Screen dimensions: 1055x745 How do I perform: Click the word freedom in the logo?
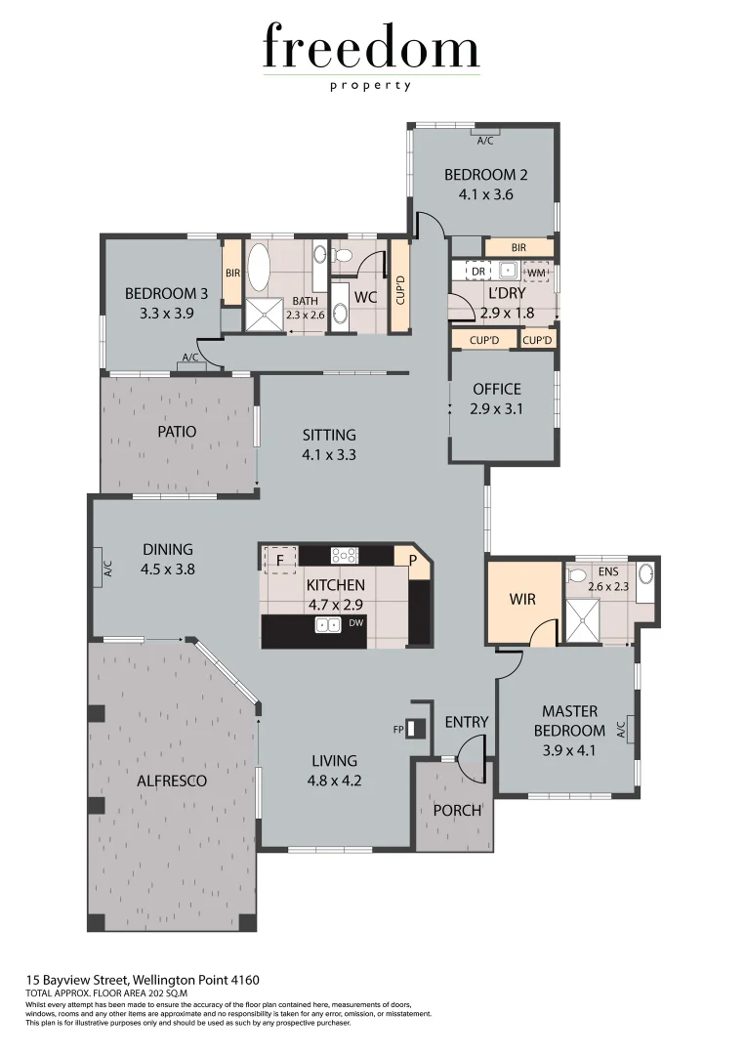click(x=371, y=49)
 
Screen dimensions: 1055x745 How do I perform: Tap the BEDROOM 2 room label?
click(x=485, y=175)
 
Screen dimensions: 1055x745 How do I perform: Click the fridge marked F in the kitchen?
click(x=281, y=560)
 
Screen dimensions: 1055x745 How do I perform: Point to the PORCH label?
click(x=456, y=810)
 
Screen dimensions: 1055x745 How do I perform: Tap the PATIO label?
click(x=177, y=431)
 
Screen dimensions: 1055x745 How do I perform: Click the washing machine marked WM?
click(x=536, y=272)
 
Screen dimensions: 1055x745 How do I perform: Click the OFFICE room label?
click(x=497, y=389)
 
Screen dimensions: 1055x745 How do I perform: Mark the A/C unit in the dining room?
click(x=103, y=568)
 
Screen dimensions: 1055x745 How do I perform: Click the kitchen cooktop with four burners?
click(x=345, y=555)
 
